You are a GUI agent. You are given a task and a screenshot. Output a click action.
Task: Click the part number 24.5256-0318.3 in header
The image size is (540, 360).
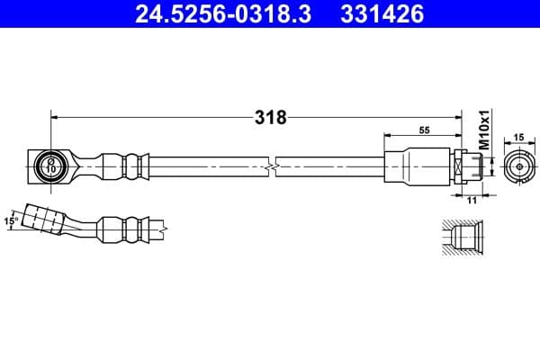[x=224, y=14]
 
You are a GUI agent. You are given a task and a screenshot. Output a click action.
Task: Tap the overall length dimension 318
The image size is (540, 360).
[x=270, y=117]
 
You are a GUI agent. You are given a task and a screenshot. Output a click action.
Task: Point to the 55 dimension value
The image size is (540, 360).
[x=424, y=130]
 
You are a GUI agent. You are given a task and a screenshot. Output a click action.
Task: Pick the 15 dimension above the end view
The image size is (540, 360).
[x=518, y=137]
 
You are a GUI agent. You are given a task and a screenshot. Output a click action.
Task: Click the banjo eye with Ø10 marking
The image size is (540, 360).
[x=49, y=166]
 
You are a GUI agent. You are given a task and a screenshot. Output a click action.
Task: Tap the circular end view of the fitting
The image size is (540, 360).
[x=518, y=166]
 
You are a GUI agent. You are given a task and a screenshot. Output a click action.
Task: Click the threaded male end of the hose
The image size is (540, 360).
[x=476, y=166]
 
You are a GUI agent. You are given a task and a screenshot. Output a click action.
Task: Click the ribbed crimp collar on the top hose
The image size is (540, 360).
[x=122, y=166]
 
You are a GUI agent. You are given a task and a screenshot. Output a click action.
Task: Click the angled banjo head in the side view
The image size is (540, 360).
[x=45, y=220]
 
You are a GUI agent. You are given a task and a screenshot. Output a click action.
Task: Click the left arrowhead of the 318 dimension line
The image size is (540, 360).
[x=55, y=116]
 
